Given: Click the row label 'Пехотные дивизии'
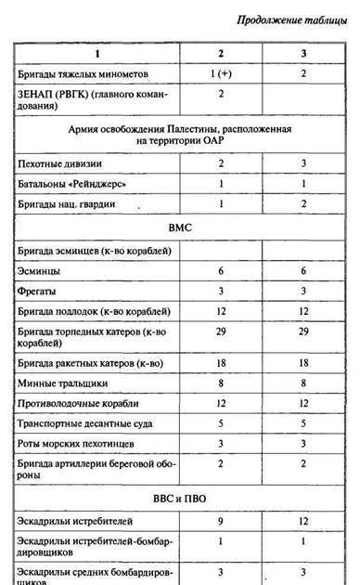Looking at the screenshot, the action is click(x=61, y=163).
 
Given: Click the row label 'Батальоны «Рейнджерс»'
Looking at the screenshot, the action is click(x=71, y=184).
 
